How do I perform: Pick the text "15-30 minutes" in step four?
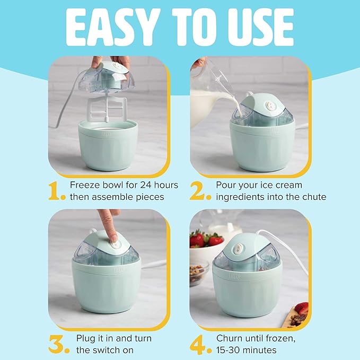247,350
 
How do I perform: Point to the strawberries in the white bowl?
206,240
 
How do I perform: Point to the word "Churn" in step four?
232,338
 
